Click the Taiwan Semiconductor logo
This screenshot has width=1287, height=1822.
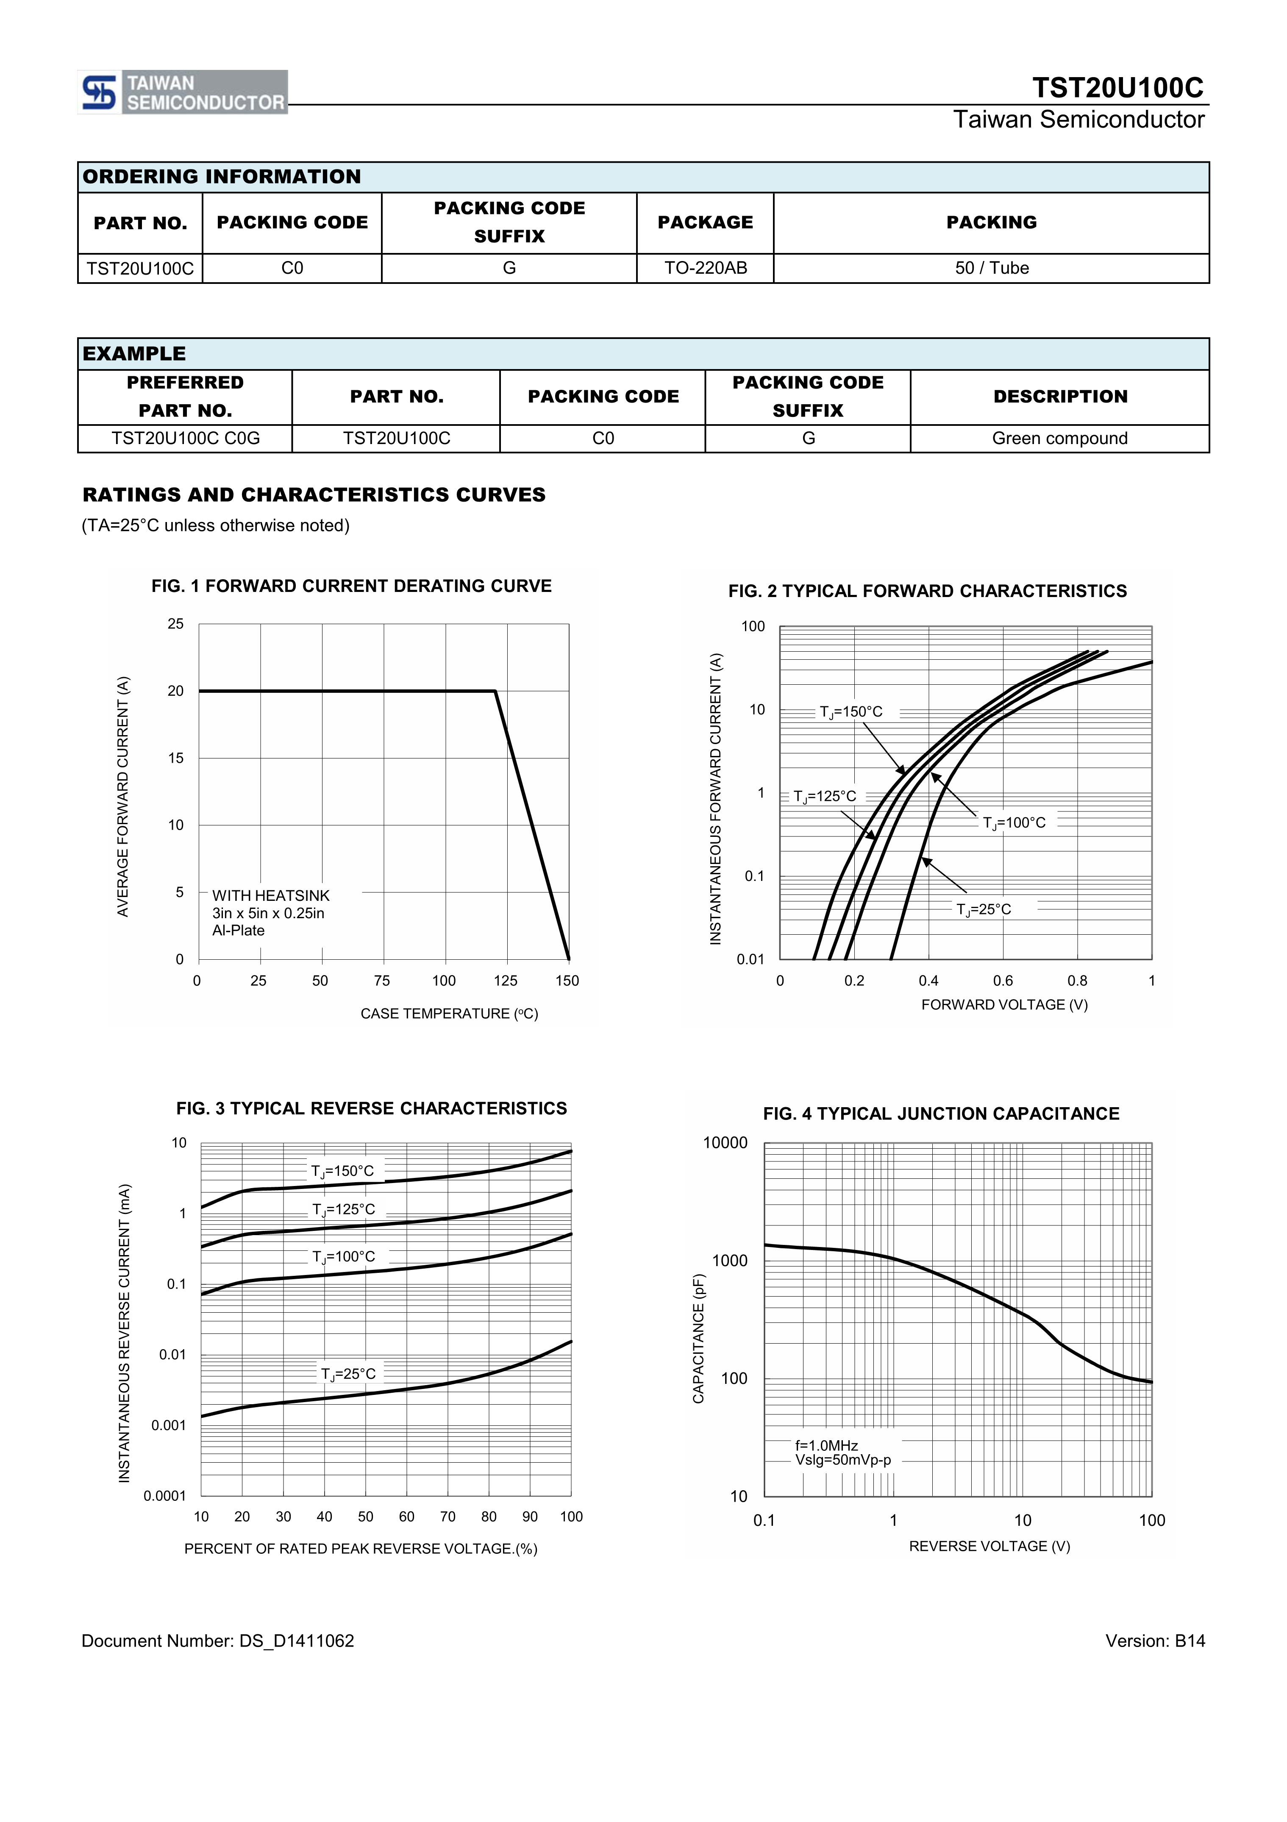pyautogui.click(x=183, y=92)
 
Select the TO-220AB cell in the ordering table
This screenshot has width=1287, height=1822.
pyautogui.click(x=706, y=268)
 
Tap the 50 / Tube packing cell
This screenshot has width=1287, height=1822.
pyautogui.click(x=991, y=268)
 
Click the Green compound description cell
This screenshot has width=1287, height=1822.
pyautogui.click(x=1059, y=439)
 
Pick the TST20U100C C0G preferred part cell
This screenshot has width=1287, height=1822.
pyautogui.click(x=186, y=439)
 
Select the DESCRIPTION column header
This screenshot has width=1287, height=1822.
pyautogui.click(x=1060, y=397)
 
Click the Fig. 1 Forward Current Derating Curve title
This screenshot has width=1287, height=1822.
pyautogui.click(x=351, y=586)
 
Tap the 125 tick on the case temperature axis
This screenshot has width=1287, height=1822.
pyautogui.click(x=506, y=981)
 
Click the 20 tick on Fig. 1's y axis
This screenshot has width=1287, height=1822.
pyautogui.click(x=175, y=691)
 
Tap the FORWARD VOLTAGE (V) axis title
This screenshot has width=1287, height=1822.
pyautogui.click(x=1004, y=1005)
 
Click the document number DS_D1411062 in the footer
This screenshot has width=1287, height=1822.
pyautogui.click(x=217, y=1641)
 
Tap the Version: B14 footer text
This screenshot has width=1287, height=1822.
pyautogui.click(x=1154, y=1641)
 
